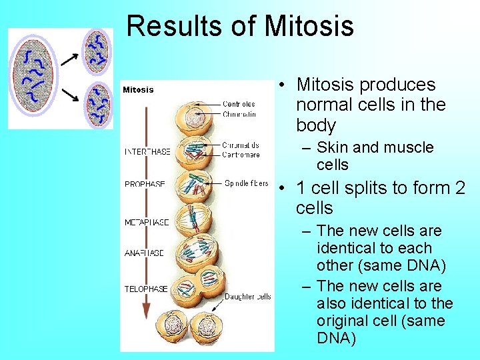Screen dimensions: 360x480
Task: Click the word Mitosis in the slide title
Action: coord(309,26)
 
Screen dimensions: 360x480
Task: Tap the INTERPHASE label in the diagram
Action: coord(147,151)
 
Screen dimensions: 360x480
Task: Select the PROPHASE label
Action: coord(145,184)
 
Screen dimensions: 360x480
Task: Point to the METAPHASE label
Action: coord(147,222)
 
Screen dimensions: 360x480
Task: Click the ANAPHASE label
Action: coord(144,253)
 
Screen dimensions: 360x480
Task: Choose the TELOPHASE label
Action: coord(146,289)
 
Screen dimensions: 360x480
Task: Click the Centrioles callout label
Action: coord(239,104)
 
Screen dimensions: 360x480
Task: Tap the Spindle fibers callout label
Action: coord(246,183)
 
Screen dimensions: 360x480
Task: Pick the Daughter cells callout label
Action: coord(247,297)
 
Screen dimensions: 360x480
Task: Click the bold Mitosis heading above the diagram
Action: coord(138,90)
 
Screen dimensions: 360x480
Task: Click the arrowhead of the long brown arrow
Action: coord(147,312)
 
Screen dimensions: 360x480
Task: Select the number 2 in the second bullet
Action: coord(459,188)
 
